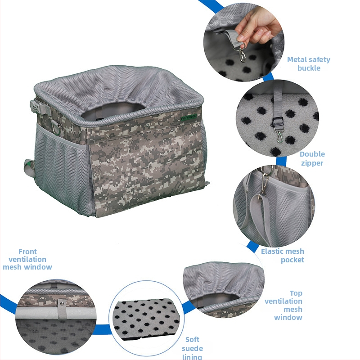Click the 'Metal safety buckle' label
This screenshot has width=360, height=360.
[309, 64]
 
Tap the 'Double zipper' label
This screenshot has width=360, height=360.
[312, 158]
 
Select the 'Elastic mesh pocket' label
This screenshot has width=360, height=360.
[283, 255]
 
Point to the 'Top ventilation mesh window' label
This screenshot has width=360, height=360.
[283, 305]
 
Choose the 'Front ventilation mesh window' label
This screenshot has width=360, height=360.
[27, 260]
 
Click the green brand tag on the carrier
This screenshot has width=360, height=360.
[189, 117]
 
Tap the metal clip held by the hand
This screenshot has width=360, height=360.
[242, 54]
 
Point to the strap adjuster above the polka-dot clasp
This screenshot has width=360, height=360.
[278, 121]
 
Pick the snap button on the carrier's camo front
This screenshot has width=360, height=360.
[147, 125]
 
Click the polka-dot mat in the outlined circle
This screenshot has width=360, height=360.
[147, 319]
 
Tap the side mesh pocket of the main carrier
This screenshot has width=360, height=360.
[62, 170]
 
